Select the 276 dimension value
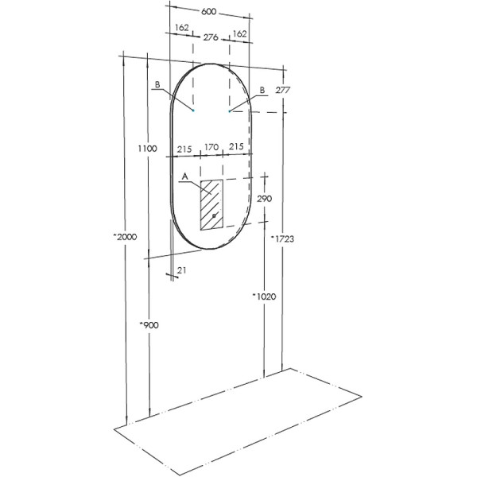(x=211, y=37)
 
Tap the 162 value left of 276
(x=181, y=28)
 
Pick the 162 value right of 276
(x=238, y=35)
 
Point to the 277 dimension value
(x=282, y=91)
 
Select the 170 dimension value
(x=211, y=148)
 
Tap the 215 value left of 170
(x=184, y=148)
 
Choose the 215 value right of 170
(x=236, y=148)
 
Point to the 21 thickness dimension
(x=181, y=271)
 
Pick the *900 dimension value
(x=148, y=325)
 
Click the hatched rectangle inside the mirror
(x=211, y=205)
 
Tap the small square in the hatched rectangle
(x=214, y=216)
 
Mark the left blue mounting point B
(x=192, y=111)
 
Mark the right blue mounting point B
(x=230, y=111)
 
